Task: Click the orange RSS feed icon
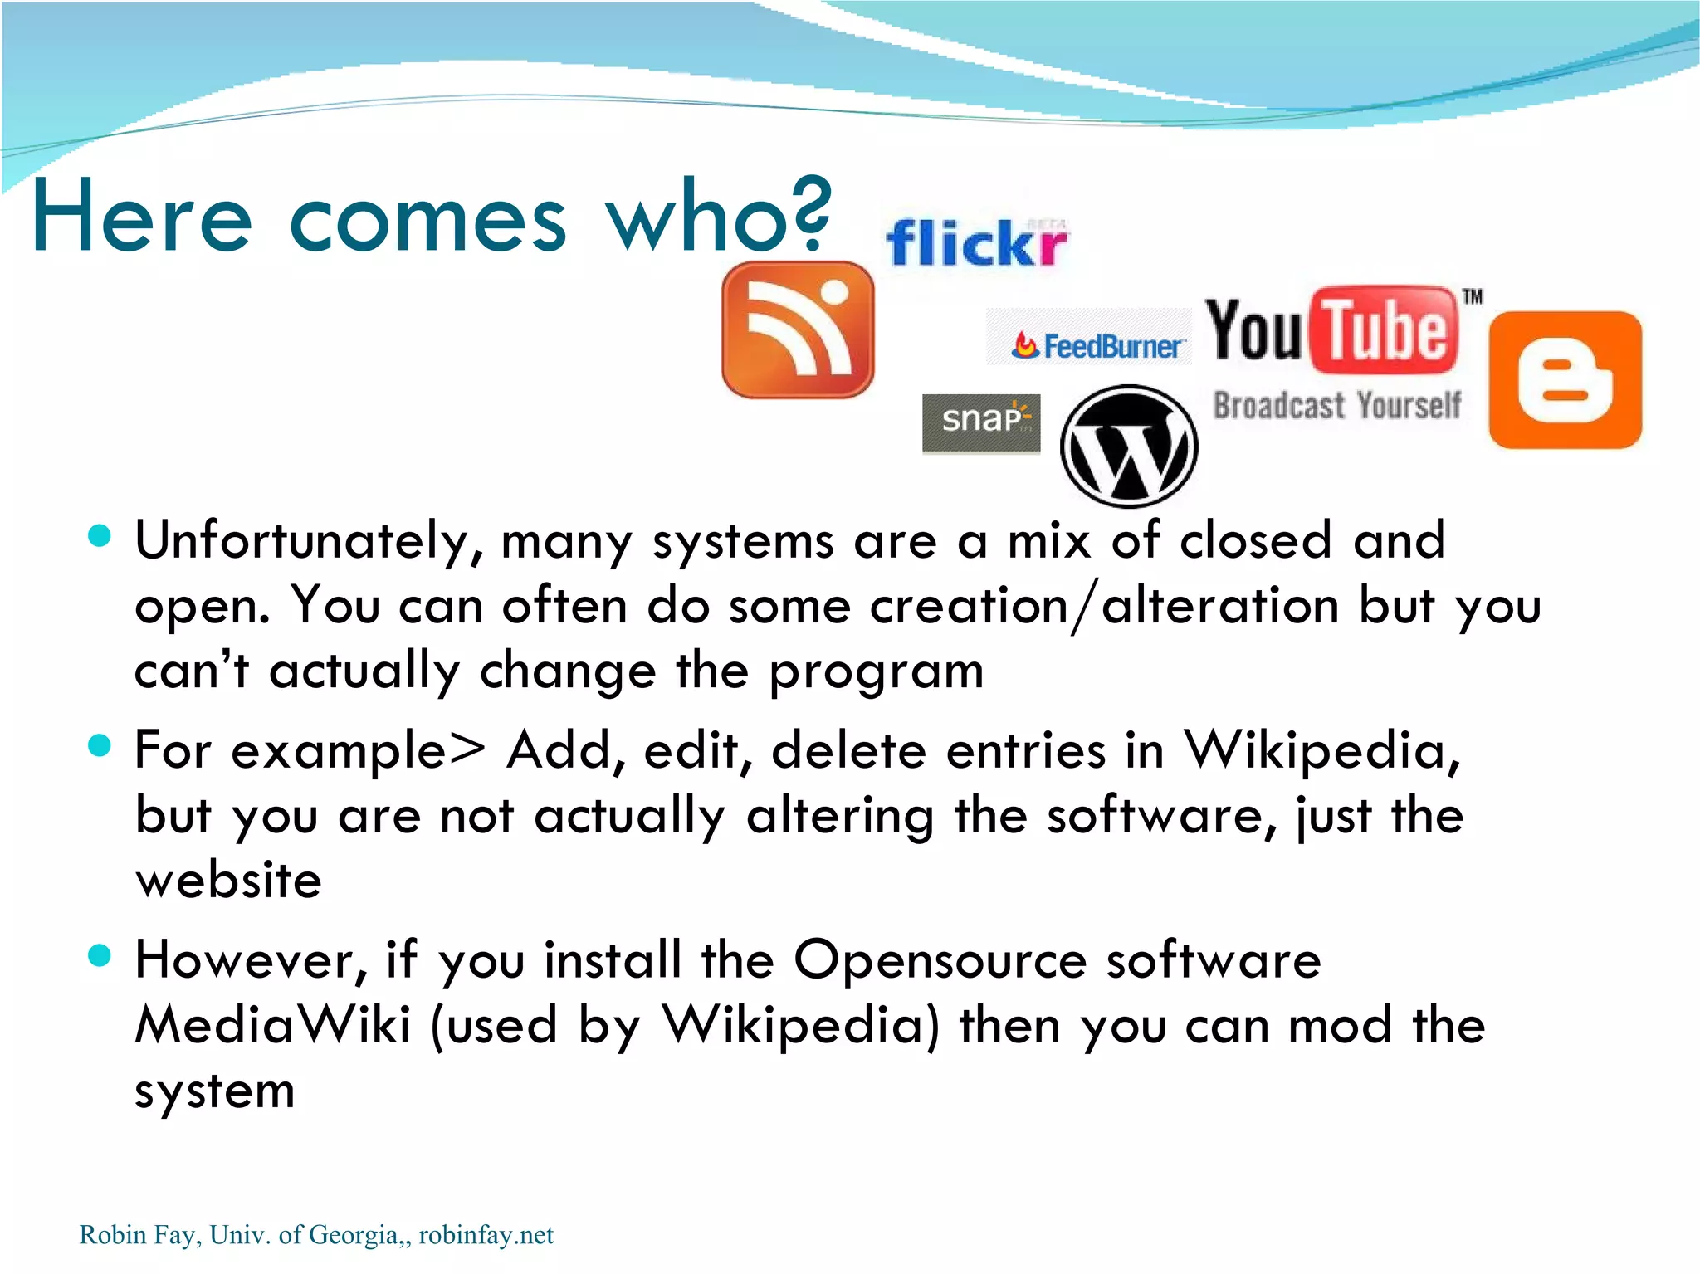[x=798, y=329]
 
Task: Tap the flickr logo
[x=977, y=244]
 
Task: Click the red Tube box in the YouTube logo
[x=1384, y=329]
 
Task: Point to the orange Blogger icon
[x=1566, y=380]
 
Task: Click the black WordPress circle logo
[x=1129, y=447]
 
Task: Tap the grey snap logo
[x=981, y=422]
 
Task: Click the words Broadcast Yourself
[x=1336, y=406]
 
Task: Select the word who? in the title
[x=717, y=217]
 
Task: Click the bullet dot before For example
[x=100, y=744]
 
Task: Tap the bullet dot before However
[x=100, y=955]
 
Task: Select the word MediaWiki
[x=273, y=1025]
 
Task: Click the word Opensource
[x=940, y=960]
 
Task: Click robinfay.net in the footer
[x=486, y=1235]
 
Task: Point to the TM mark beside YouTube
[x=1473, y=296]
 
